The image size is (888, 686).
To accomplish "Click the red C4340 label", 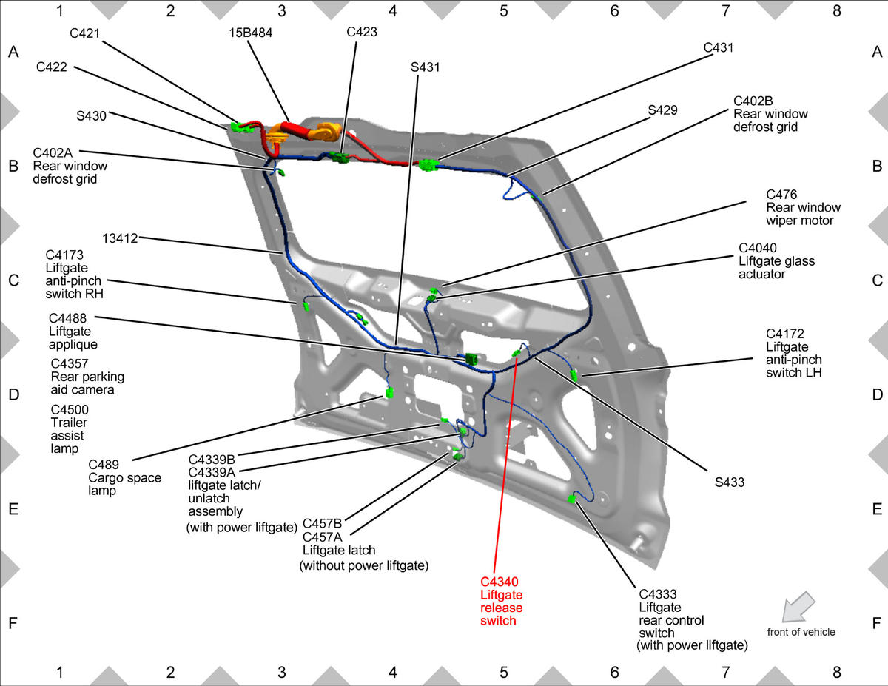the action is (x=499, y=582).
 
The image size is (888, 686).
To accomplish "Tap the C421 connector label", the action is (x=84, y=33).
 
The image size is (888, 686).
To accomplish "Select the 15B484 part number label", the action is (x=251, y=33).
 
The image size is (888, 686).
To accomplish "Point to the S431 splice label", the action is (x=425, y=67).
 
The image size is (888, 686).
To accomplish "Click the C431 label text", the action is (x=719, y=48).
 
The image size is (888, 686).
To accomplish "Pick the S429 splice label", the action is (x=663, y=110).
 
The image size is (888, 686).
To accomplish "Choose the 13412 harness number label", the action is (x=120, y=238).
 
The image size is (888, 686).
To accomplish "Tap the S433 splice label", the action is (x=730, y=482).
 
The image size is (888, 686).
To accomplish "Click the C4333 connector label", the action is (x=658, y=594).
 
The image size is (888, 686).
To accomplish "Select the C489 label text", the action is (x=104, y=465).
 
